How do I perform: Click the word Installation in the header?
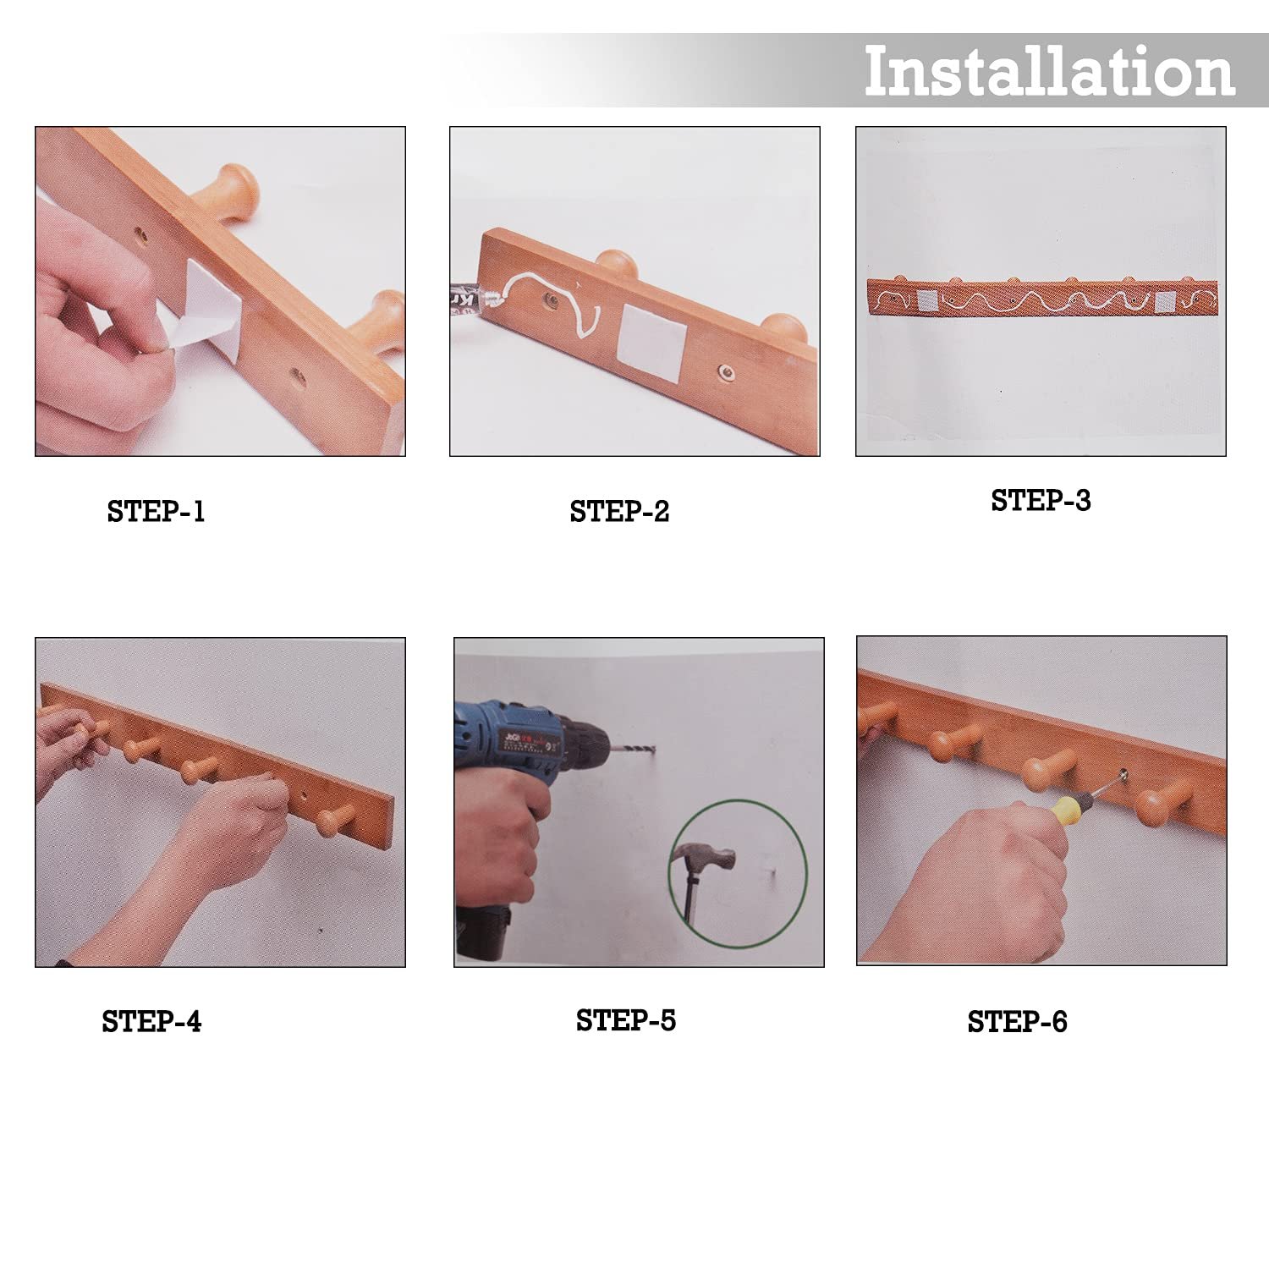click(x=1049, y=71)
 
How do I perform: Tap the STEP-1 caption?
click(x=156, y=511)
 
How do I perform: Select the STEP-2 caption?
click(x=619, y=511)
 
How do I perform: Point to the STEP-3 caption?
click(x=1041, y=500)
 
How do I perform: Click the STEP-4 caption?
click(x=151, y=1021)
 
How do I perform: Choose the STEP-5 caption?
click(x=626, y=1020)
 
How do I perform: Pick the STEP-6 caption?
click(x=1017, y=1021)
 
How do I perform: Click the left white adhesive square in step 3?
click(x=926, y=299)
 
